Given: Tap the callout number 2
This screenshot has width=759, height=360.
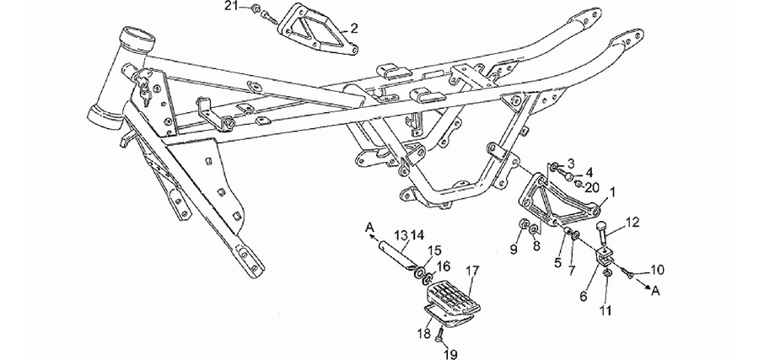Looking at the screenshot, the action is tap(354, 28).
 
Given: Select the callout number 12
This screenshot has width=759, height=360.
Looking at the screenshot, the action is tap(632, 223).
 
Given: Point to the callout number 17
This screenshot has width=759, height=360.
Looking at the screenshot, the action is tap(472, 271).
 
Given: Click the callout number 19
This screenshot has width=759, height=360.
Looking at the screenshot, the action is tap(450, 355).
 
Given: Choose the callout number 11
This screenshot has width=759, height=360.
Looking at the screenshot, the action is tap(606, 309).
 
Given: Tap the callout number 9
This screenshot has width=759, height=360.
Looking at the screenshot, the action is tap(514, 250).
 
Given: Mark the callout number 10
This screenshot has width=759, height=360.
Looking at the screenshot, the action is tap(657, 270).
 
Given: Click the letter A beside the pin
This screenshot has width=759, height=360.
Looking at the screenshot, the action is tap(370, 227).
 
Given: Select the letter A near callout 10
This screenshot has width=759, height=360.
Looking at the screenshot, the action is tap(656, 290).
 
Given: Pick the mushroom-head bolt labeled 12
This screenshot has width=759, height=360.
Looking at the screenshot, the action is tap(604, 232).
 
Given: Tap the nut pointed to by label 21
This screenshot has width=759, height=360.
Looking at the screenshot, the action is tap(257, 8).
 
